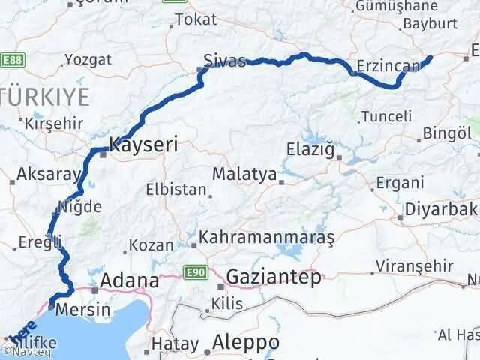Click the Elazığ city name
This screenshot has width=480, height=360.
[310, 149]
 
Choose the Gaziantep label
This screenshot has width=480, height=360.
[274, 277]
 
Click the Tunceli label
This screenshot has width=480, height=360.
[386, 116]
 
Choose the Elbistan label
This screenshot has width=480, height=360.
[175, 190]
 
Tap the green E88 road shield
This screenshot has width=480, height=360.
[11, 58]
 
